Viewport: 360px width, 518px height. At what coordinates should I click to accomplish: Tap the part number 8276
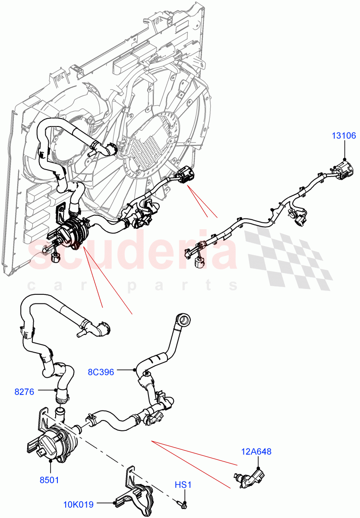coord(25,392)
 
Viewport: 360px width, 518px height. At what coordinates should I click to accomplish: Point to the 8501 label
coord(50,480)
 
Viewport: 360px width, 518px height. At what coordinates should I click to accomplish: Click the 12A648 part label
coord(256,452)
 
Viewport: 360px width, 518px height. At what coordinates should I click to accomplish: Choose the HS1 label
coord(183,486)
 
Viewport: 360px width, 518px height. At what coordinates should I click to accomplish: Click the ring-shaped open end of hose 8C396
coord(183,320)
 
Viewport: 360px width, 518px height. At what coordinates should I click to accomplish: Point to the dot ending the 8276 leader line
coord(57,391)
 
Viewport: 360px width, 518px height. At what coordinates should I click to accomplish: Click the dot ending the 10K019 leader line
coord(114,503)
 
